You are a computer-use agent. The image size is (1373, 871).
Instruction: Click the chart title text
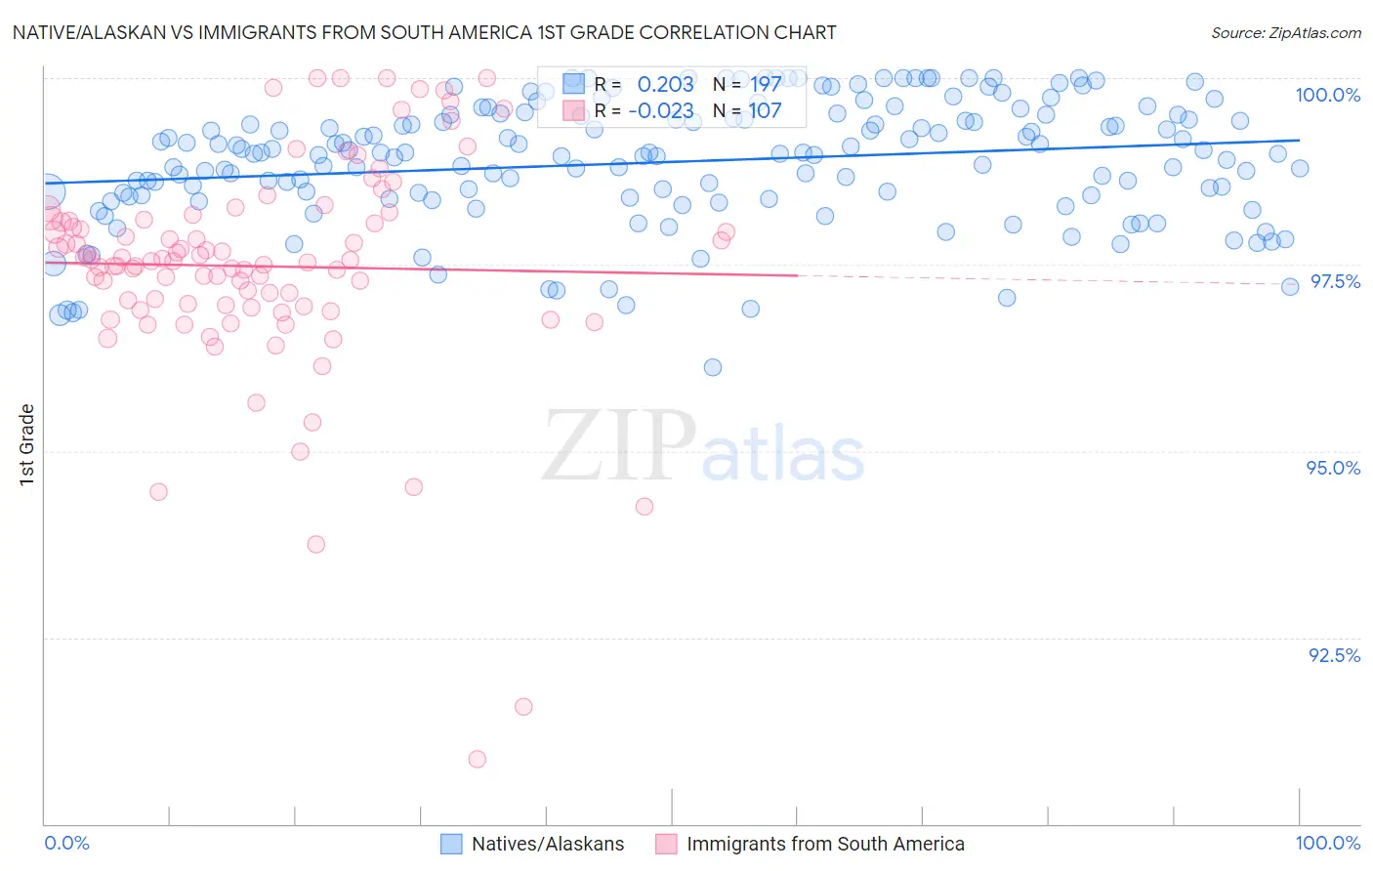click(x=424, y=32)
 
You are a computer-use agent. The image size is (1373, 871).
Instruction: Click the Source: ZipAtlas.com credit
click(x=1285, y=32)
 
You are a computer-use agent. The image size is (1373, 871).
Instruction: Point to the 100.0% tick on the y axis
click(x=1327, y=95)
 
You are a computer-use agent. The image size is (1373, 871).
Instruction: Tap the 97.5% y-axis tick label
click(x=1335, y=281)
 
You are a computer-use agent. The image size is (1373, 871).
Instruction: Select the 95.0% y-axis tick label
click(x=1333, y=468)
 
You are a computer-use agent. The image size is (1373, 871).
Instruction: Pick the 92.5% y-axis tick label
click(x=1334, y=655)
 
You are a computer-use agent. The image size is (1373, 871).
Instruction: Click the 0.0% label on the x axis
click(x=67, y=844)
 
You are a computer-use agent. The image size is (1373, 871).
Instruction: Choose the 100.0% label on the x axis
click(x=1327, y=844)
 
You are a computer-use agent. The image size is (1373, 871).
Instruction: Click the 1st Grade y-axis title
click(x=27, y=444)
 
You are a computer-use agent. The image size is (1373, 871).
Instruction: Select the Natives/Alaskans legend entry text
click(x=547, y=845)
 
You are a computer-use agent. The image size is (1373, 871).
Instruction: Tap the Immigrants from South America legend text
click(x=824, y=845)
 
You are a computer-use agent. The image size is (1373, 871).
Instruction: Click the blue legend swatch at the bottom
click(x=451, y=845)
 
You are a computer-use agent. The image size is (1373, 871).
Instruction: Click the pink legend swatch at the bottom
click(x=666, y=845)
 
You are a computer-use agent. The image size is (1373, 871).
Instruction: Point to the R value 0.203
click(x=665, y=85)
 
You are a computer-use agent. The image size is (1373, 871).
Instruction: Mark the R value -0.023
click(x=660, y=111)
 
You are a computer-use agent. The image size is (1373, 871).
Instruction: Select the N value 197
click(x=766, y=85)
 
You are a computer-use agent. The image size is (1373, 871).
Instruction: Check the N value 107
click(x=766, y=111)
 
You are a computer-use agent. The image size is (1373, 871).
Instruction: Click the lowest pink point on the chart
click(x=478, y=759)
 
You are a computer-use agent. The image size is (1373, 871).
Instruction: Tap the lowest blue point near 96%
click(x=713, y=367)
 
